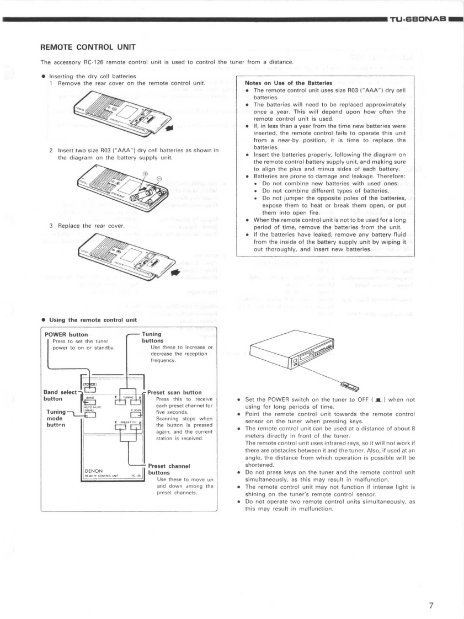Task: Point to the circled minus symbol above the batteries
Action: pyautogui.click(x=159, y=179)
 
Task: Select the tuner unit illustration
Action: pyautogui.click(x=295, y=353)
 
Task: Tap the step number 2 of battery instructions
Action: pyautogui.click(x=51, y=150)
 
